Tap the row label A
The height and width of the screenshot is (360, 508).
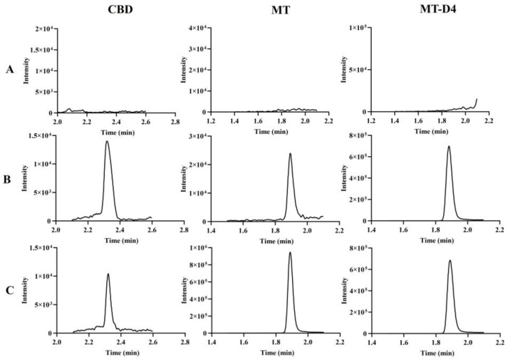coord(11,70)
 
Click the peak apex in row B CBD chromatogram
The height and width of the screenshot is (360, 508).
coord(107,141)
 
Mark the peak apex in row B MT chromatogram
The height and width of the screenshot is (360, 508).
coord(290,153)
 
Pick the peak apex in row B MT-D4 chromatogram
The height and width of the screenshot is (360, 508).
coord(448,147)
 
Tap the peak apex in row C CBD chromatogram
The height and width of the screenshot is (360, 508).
coord(108,274)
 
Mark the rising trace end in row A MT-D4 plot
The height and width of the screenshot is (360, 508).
coord(477,99)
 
